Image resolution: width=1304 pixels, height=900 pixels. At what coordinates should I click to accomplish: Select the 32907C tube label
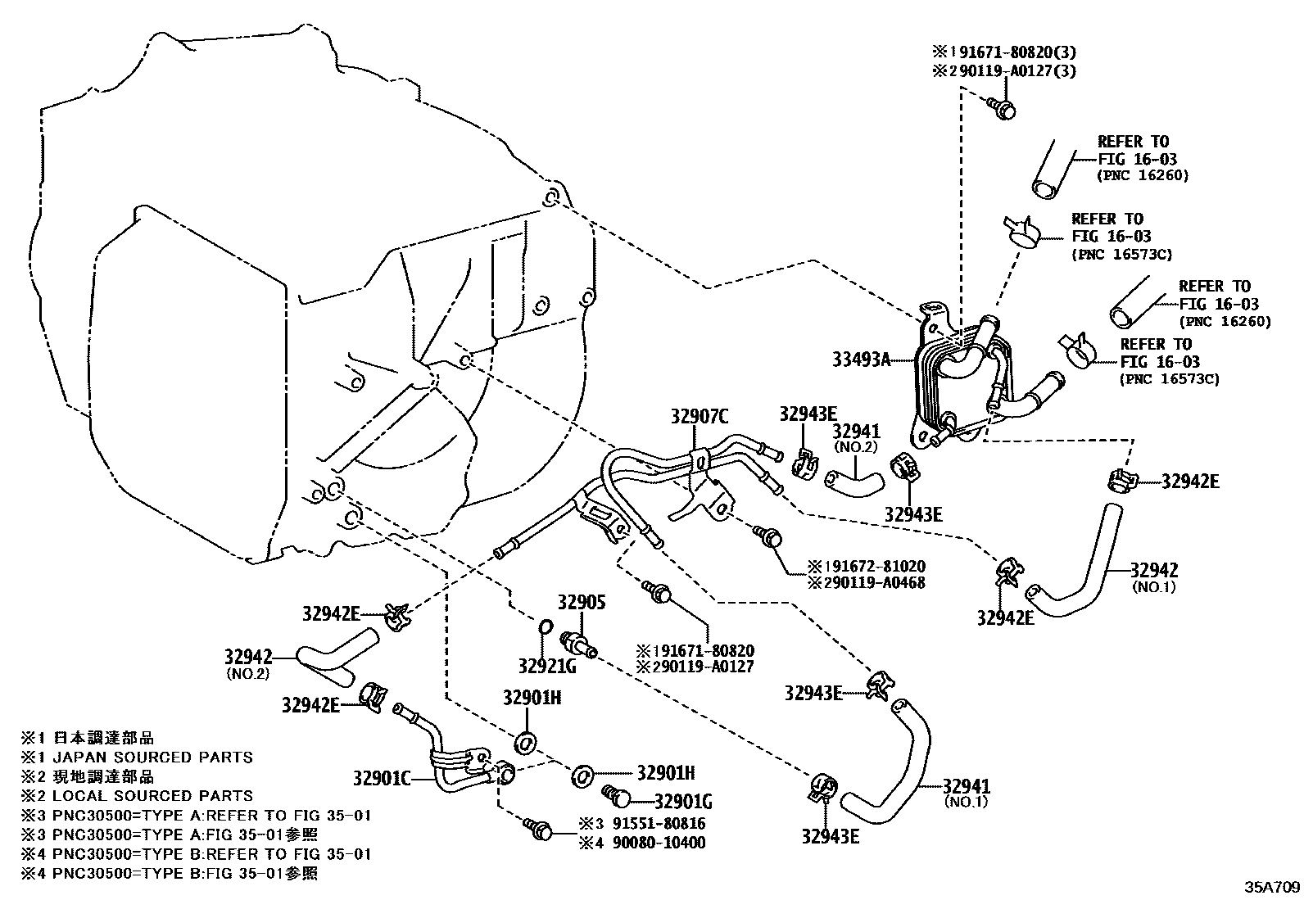(700, 417)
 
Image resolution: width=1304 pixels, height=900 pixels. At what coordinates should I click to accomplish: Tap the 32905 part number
(582, 603)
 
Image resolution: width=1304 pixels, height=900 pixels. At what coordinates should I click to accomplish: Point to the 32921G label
(547, 666)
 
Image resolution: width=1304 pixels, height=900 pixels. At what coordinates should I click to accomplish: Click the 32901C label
(382, 776)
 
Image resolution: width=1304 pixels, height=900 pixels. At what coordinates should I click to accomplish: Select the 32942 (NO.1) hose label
(1154, 571)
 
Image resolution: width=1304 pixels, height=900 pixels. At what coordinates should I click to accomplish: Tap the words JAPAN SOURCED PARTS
(152, 757)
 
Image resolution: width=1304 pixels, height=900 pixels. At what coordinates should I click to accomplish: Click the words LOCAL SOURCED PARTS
(152, 795)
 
